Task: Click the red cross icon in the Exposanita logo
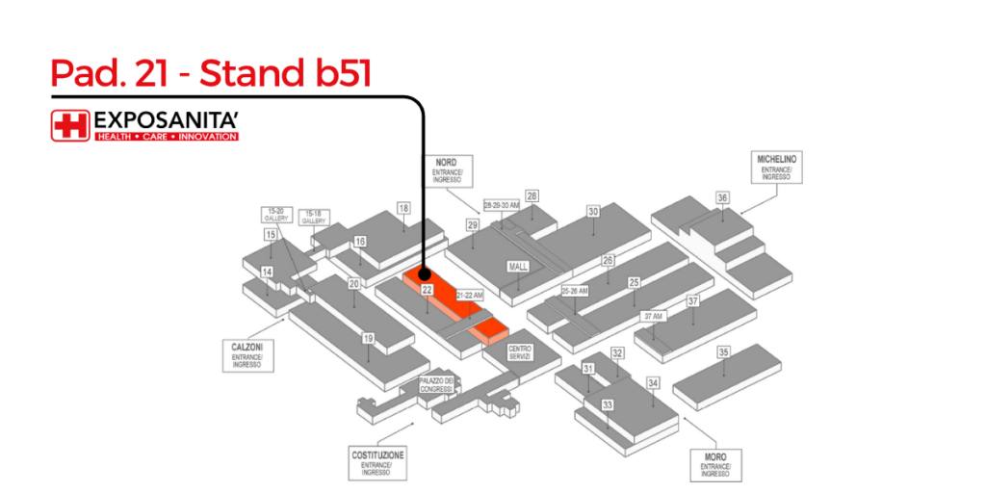[x=70, y=125]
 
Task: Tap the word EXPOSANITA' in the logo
[x=165, y=121]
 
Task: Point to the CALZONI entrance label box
[x=246, y=354]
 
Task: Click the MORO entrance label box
[x=714, y=464]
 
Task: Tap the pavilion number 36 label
[x=722, y=197]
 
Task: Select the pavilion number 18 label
[x=403, y=208]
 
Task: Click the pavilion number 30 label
[x=593, y=211]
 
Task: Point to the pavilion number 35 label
[x=723, y=352]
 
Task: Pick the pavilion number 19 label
[x=368, y=338]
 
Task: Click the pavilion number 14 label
[x=268, y=272]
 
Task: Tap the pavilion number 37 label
[x=692, y=301]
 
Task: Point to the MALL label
[x=516, y=266]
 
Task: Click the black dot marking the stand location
[x=425, y=274]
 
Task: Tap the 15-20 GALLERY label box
[x=275, y=216]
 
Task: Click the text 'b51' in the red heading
[x=337, y=74]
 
